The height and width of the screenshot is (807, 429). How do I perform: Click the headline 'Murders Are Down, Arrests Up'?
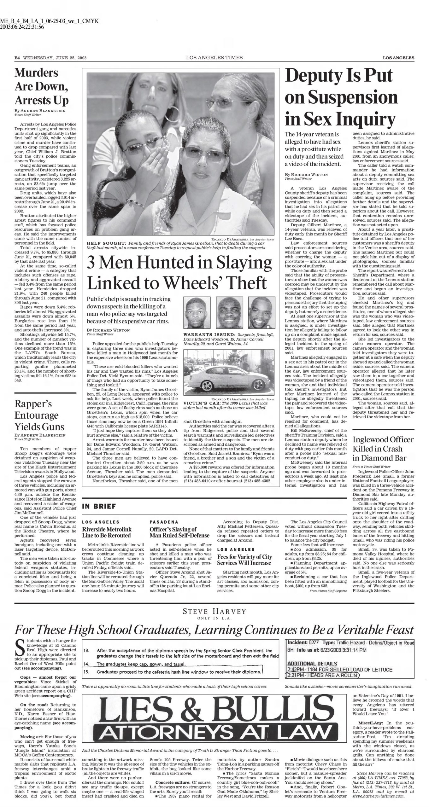tap(41, 87)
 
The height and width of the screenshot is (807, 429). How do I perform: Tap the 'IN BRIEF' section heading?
tap(99, 507)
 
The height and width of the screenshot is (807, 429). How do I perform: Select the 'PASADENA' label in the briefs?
tap(164, 522)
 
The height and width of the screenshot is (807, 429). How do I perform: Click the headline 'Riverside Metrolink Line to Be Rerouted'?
tap(107, 532)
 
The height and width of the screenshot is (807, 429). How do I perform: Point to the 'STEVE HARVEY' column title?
tap(214, 612)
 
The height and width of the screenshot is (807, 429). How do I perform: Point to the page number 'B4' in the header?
tap(17, 58)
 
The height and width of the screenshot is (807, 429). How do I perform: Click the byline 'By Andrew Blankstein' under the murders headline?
tap(40, 111)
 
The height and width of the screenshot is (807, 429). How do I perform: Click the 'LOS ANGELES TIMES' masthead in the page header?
tap(214, 57)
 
